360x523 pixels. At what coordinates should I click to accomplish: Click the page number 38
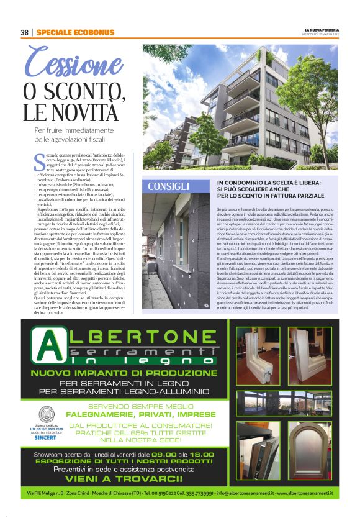tap(25, 32)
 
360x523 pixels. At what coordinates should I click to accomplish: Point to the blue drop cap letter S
tap(40, 163)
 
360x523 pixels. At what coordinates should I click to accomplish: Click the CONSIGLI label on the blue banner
tap(169, 186)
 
